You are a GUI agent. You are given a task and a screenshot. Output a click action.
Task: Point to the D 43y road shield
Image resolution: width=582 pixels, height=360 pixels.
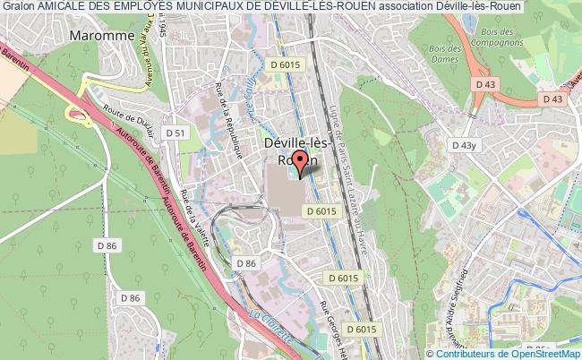pos(464,145)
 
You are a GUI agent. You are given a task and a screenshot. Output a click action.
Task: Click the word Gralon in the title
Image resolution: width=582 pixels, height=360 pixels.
pos(17,8)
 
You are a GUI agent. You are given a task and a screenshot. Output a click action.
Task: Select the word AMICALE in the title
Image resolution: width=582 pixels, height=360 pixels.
pos(64,8)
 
